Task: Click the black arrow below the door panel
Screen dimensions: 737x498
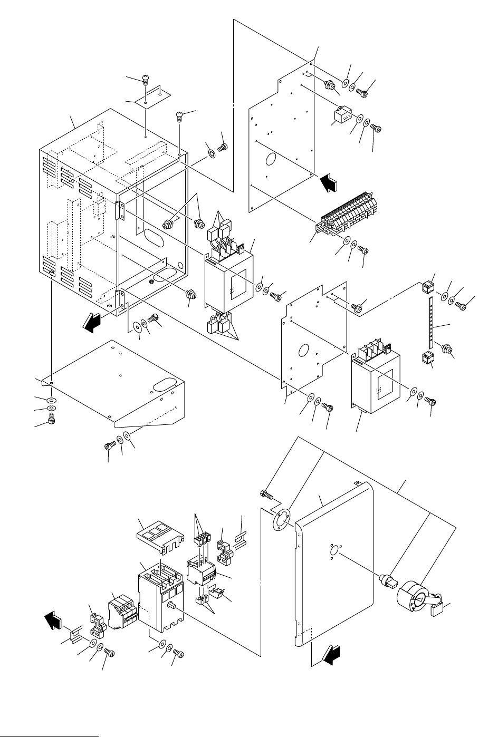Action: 329,657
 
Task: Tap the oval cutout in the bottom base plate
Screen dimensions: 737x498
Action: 165,384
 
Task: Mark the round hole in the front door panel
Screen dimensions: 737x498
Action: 333,551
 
